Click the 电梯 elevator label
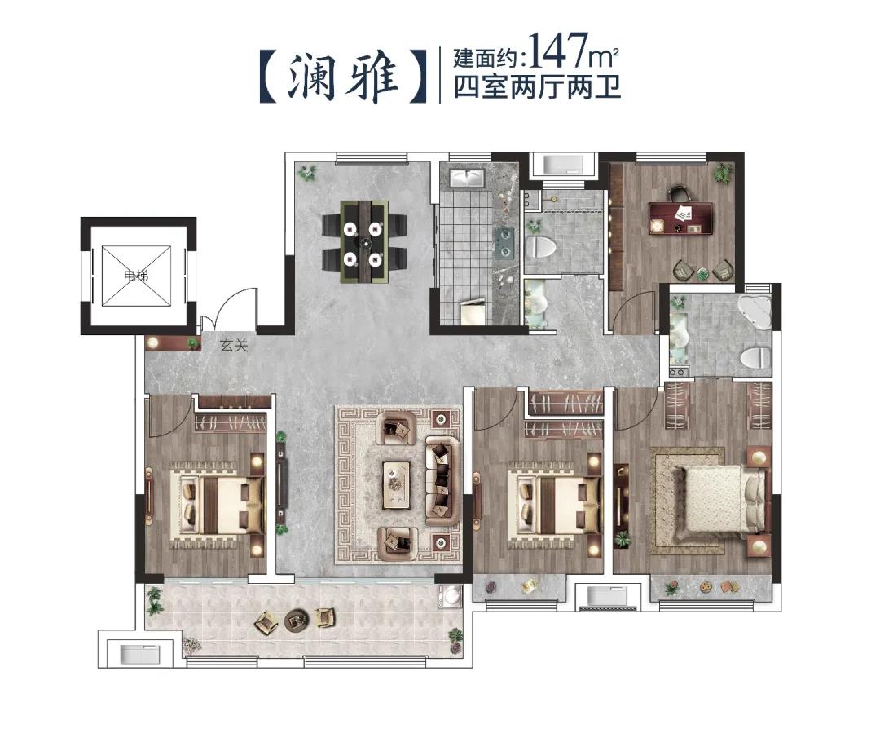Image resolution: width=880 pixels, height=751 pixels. pos(136,275)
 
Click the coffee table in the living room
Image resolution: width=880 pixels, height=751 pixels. pos(397,484)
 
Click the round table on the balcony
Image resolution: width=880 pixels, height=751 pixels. pos(296,619)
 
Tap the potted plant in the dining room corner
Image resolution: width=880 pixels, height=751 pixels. pos(307,172)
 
